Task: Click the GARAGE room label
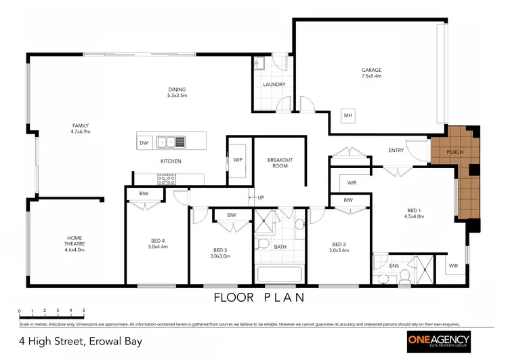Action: coord(371,70)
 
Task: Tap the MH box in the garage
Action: coord(348,115)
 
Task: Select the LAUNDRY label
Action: coord(274,85)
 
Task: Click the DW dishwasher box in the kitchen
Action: coord(144,142)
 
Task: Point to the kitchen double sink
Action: coord(171,142)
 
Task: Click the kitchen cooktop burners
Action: coord(167,180)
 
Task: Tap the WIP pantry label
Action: coord(238,160)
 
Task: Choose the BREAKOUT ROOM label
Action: coord(280,163)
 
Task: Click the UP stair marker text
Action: coord(259,197)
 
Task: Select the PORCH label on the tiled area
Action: coord(455,152)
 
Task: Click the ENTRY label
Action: coord(396,151)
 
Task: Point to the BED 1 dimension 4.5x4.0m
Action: coord(414,217)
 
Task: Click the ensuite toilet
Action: coord(404,275)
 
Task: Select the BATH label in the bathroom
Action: coord(280,247)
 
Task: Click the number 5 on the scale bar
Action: coord(83,311)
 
